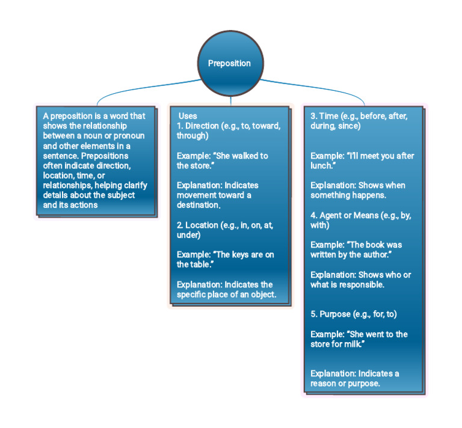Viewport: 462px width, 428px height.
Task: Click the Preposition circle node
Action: pyautogui.click(x=229, y=63)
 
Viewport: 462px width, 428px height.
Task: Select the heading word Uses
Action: pyautogui.click(x=188, y=116)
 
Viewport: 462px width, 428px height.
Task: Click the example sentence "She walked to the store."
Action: pyautogui.click(x=222, y=160)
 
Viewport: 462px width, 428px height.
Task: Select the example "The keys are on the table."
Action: pyautogui.click(x=225, y=259)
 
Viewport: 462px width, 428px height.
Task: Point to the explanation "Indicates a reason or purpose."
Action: pyautogui.click(x=354, y=378)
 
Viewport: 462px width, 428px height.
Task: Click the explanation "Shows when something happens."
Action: pyautogui.click(x=358, y=190)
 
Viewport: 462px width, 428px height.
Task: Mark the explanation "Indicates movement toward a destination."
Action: pyautogui.click(x=222, y=195)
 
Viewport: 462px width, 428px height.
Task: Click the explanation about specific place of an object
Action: pyautogui.click(x=225, y=289)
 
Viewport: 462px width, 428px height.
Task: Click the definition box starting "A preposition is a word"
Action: pyautogui.click(x=95, y=160)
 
